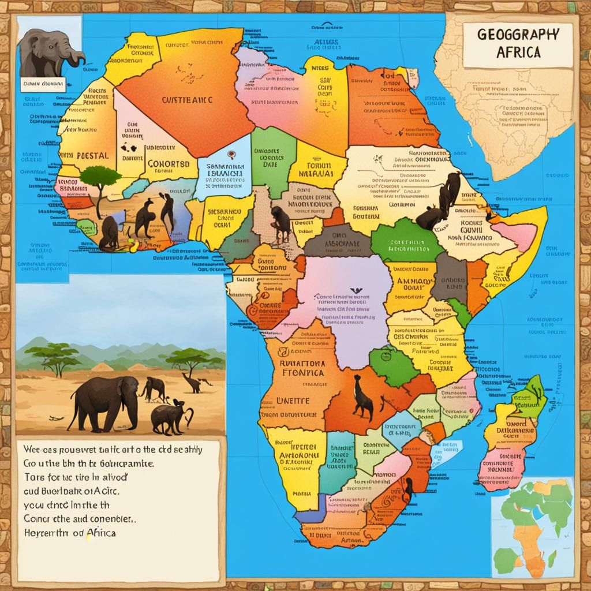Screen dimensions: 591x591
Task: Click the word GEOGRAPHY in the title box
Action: (x=518, y=34)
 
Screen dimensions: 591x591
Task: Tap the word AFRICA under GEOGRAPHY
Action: (x=518, y=51)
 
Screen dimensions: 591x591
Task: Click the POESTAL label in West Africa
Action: (x=86, y=157)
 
